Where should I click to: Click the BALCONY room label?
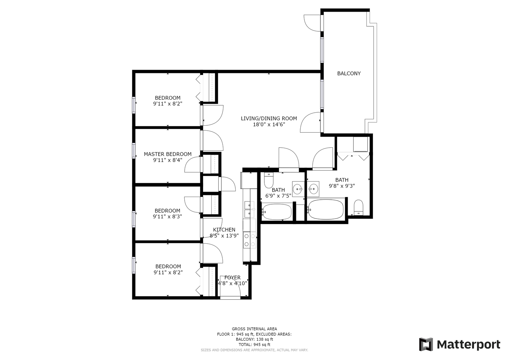tap(349, 73)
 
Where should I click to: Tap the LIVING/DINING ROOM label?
tap(269, 118)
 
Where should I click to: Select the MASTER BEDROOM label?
tap(168, 154)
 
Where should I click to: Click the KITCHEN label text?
tap(224, 230)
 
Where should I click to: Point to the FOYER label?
tap(232, 277)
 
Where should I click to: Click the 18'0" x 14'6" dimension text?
tap(269, 124)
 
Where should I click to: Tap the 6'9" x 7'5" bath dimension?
tap(278, 195)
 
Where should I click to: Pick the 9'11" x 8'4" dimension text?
tap(168, 160)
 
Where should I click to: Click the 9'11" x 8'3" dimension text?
tap(167, 216)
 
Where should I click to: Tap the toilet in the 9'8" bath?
tap(359, 207)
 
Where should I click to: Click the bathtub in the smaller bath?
tap(277, 212)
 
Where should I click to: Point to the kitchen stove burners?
tap(250, 240)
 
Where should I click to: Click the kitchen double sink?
tap(249, 210)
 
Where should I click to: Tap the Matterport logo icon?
tap(426, 344)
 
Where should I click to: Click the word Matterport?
tap(469, 345)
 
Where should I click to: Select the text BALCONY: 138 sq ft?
tap(255, 339)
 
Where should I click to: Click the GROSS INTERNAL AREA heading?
tap(255, 329)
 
